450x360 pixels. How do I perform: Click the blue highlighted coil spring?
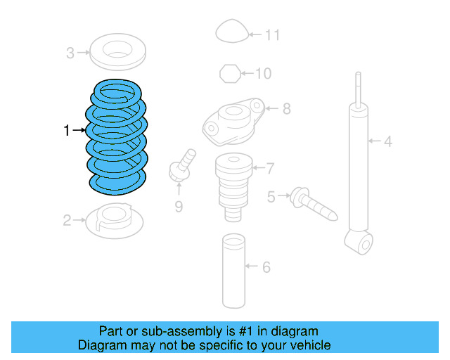point(116,137)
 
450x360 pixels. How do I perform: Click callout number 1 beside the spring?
point(67,130)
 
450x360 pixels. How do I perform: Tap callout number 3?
point(70,52)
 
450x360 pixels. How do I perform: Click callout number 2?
point(67,221)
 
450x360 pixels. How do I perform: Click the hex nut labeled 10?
point(229,72)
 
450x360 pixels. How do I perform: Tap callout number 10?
point(262,72)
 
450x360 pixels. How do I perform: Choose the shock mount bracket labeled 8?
point(232,120)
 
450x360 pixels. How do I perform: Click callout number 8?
point(286,109)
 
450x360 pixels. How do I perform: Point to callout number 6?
point(266,267)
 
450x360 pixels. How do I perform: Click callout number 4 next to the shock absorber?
point(387,142)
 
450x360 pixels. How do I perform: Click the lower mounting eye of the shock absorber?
point(364,244)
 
